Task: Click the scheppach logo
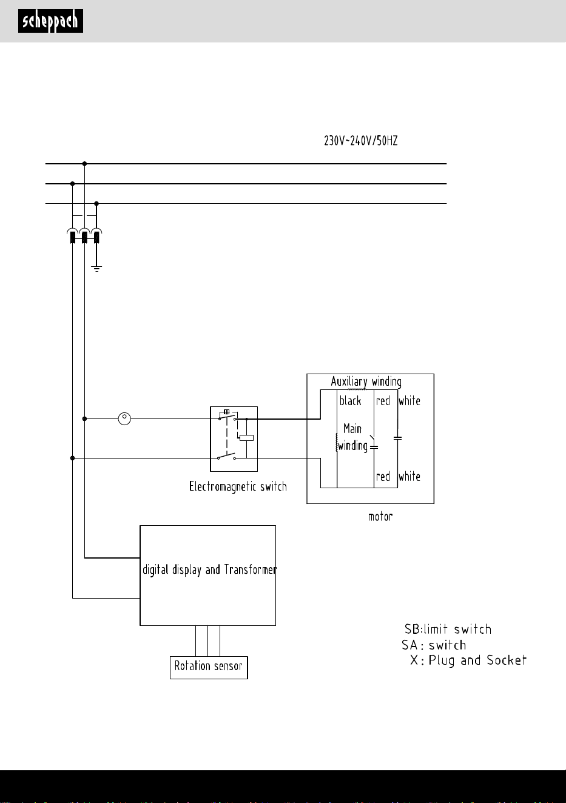coord(50,21)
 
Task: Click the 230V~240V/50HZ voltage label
coord(361,141)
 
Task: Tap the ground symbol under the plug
coord(96,269)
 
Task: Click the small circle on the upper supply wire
coord(124,418)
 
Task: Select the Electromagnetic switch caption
coord(238,486)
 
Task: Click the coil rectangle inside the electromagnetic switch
coord(246,438)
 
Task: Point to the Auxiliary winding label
coord(366,381)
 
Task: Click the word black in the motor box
coord(350,401)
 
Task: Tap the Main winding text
coord(352,437)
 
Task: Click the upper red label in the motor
coord(383,401)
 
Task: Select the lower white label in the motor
coord(409,477)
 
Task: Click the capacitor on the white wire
coord(397,438)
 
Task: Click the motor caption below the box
coord(380,517)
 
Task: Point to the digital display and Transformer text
coord(209,569)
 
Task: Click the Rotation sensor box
coord(209,668)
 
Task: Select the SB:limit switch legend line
coord(448,629)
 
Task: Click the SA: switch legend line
coord(434,645)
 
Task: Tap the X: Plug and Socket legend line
coord(468,660)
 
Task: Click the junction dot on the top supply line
coord(84,164)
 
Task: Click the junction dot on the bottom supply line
coord(96,204)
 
